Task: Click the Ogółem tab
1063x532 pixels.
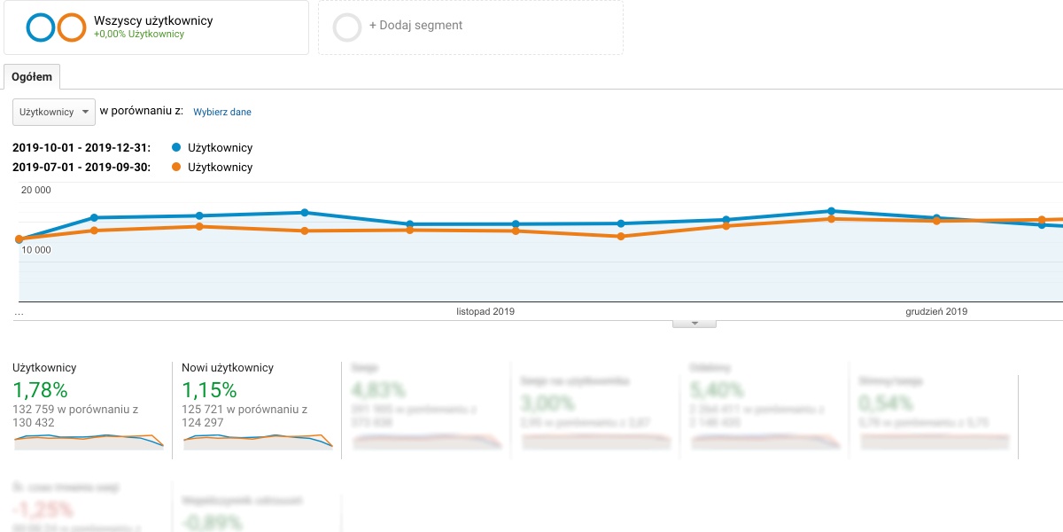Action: coord(32,77)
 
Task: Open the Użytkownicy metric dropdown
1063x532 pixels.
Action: coord(54,112)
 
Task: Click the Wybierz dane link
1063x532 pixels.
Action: coord(222,113)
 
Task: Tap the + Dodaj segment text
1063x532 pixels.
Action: coord(415,26)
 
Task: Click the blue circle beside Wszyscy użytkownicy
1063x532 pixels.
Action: coord(41,27)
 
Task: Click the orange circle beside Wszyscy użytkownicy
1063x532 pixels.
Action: coord(71,27)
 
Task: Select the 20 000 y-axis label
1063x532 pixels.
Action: coord(36,190)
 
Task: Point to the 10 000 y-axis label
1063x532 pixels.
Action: coord(36,250)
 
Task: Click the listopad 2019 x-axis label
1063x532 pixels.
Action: coord(485,312)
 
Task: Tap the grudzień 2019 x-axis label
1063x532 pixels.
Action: coord(936,312)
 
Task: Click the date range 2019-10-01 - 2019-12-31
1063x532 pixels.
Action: coord(81,148)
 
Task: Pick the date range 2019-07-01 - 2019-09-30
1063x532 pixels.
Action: coord(81,168)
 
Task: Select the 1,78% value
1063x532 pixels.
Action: coord(40,390)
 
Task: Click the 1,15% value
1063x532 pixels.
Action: coord(209,390)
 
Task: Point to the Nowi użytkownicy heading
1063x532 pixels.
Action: coord(228,368)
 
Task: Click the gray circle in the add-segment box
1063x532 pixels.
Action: coord(347,27)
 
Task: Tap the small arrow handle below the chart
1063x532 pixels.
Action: coord(694,324)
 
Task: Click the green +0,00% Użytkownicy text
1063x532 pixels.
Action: coord(139,35)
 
